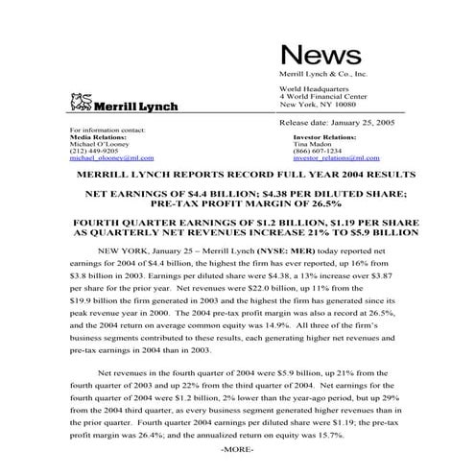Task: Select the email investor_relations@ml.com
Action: pos(329,156)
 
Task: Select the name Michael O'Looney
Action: pos(102,143)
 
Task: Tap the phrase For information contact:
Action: pos(109,130)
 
